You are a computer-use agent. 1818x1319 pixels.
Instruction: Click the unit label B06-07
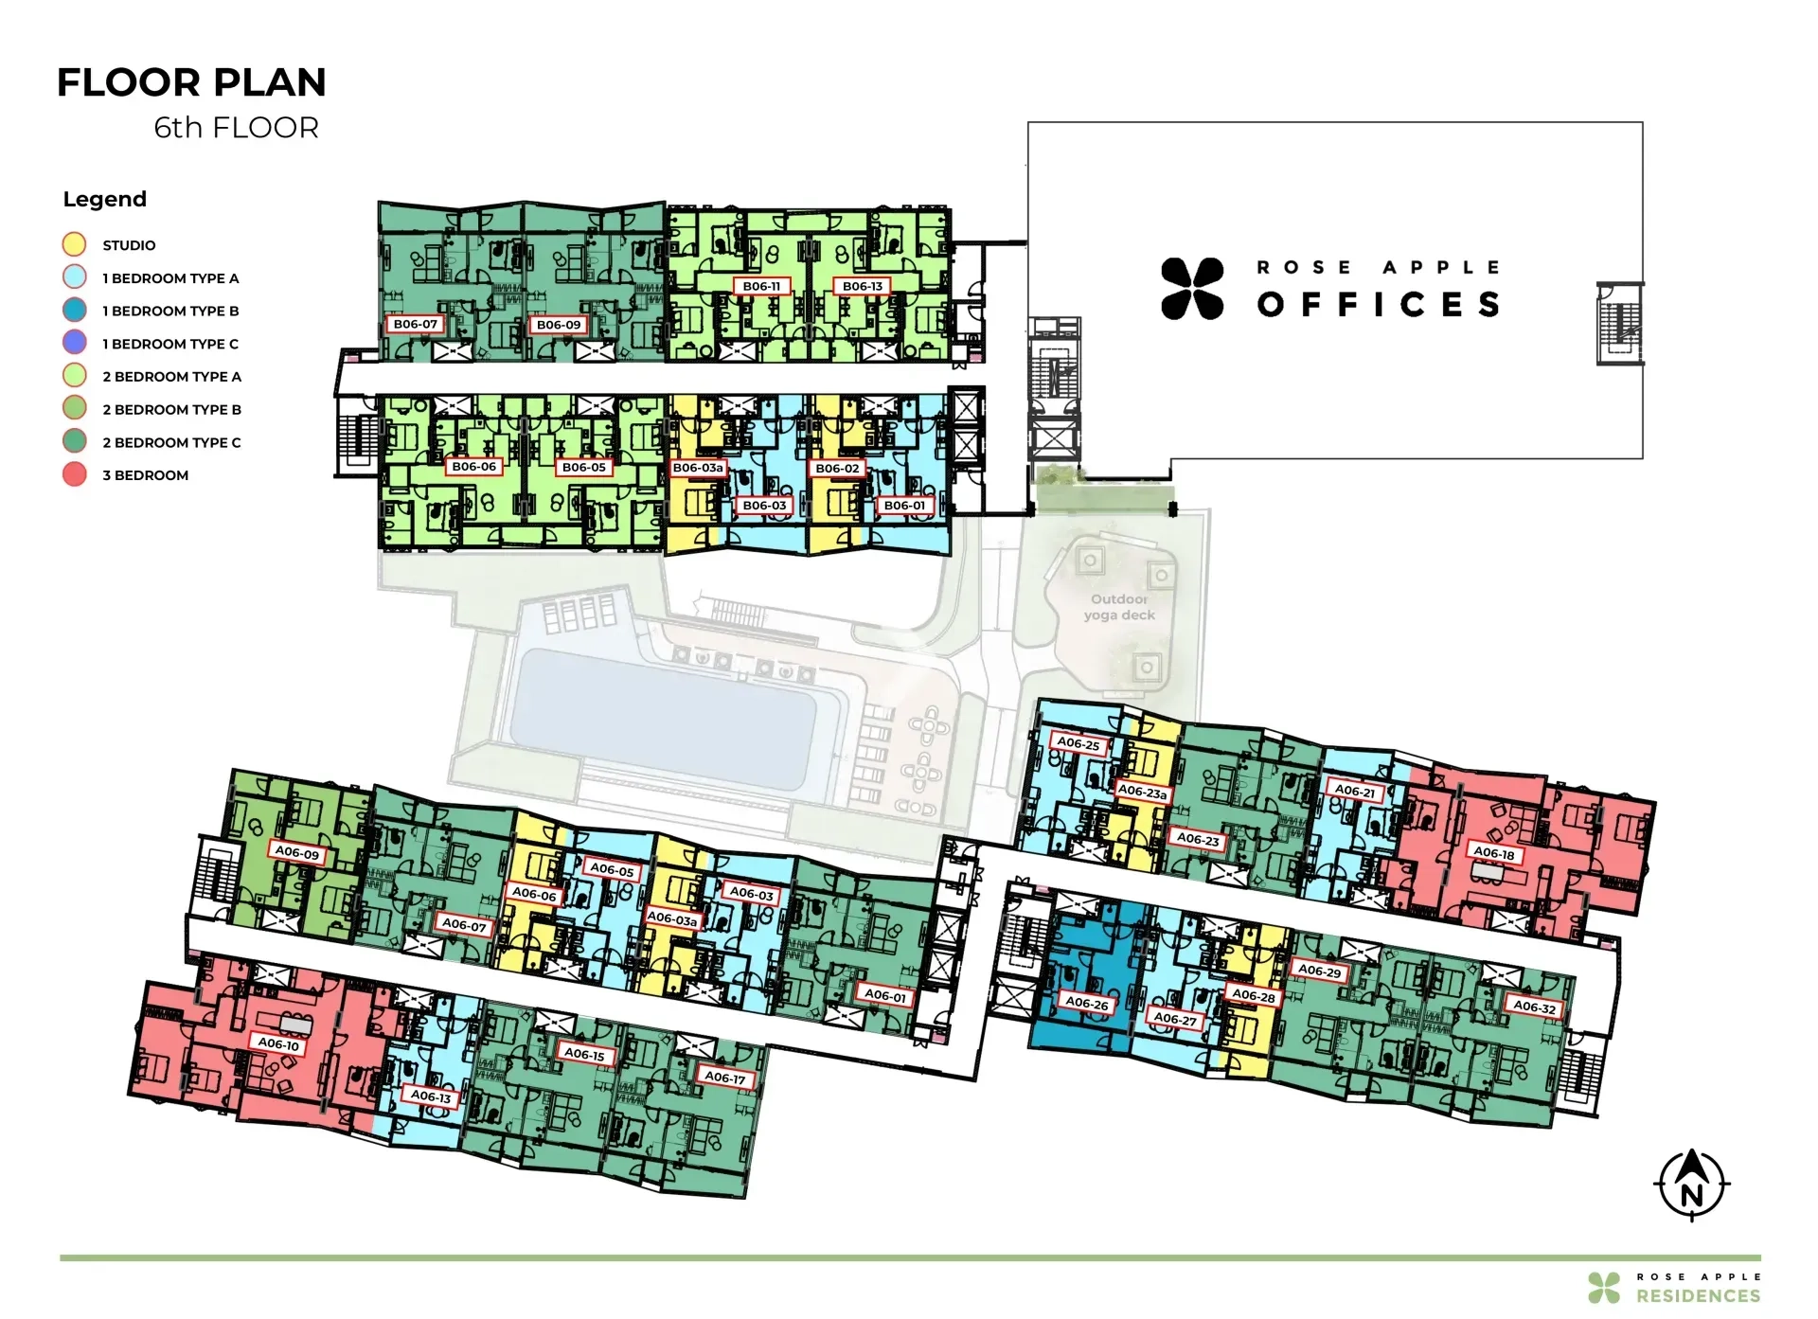point(416,324)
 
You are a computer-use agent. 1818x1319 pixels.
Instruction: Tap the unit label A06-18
point(1494,853)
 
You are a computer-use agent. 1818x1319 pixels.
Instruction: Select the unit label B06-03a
point(698,468)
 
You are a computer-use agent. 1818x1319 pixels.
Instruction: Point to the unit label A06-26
point(1087,1002)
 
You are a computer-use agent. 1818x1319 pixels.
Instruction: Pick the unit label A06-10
point(279,1043)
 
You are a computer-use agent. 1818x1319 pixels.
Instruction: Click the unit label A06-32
point(1534,1007)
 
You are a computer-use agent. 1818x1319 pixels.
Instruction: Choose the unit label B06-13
point(863,286)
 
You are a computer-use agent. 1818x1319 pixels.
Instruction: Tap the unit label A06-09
point(297,852)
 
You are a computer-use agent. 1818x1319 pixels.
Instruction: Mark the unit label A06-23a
point(1143,791)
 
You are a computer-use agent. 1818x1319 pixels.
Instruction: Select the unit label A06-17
point(724,1077)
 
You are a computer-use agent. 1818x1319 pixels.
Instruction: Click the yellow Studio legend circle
point(74,244)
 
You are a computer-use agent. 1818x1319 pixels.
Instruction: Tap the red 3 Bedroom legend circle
point(74,474)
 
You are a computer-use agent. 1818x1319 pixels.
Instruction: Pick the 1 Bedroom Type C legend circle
point(74,343)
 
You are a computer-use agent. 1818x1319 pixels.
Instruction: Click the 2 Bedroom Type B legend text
point(171,409)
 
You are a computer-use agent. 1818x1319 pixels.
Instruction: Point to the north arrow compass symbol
point(1692,1185)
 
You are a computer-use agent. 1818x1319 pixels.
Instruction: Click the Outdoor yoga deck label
point(1119,607)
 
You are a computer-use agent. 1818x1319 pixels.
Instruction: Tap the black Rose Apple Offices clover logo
point(1192,288)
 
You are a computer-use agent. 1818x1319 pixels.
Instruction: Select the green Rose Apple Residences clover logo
point(1604,1288)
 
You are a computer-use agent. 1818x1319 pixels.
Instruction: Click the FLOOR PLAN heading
point(191,82)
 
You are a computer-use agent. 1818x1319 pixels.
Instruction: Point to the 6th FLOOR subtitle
point(237,127)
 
